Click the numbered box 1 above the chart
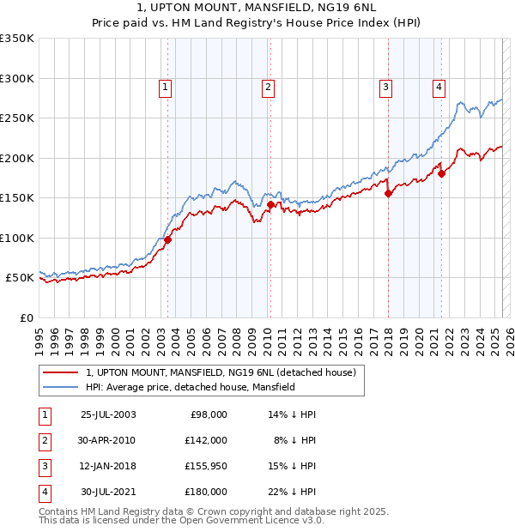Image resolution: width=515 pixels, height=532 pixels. (164, 86)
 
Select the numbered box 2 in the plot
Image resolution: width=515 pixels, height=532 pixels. (268, 86)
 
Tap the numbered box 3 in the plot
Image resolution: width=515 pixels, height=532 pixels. (386, 86)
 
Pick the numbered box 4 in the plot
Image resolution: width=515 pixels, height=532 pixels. (439, 86)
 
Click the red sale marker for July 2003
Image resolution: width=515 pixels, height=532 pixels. (168, 239)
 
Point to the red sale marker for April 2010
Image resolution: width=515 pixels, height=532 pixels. (270, 204)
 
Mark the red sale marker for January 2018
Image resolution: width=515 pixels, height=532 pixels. (388, 193)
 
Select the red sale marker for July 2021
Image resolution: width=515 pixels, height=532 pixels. (442, 173)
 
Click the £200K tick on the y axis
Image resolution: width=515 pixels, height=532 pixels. (17, 158)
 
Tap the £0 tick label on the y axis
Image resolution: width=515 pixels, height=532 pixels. (27, 317)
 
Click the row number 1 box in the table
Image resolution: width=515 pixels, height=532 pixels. (44, 414)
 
